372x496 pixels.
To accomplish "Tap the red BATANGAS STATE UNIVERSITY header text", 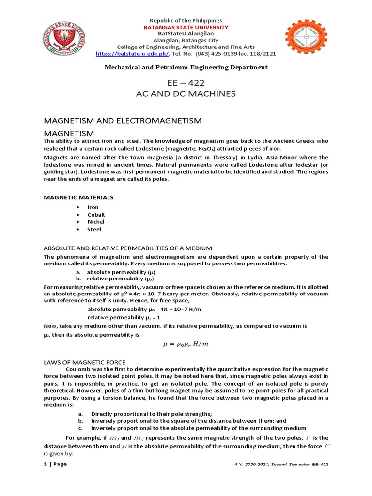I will (186, 28).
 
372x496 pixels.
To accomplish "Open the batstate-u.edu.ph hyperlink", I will (128, 54).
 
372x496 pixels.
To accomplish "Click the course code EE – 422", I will (186, 83).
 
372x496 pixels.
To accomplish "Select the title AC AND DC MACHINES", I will (186, 94).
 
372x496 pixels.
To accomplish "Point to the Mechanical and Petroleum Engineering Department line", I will (186, 67).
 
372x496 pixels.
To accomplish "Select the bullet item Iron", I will (93, 207).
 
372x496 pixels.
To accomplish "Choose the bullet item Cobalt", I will (96, 215).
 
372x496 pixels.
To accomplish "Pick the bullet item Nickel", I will (95, 222).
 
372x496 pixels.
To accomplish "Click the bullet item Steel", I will (94, 229).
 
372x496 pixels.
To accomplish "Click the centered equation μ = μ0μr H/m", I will (186, 344).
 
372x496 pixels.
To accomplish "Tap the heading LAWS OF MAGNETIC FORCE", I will (85, 362).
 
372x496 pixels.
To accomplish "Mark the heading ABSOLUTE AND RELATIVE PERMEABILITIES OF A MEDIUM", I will (128, 248).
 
